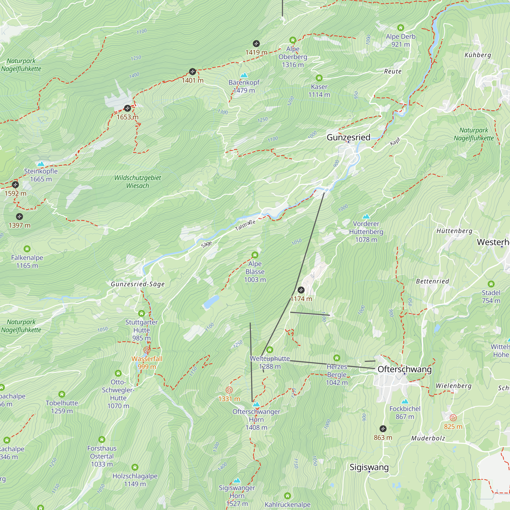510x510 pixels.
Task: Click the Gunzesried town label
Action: (x=348, y=137)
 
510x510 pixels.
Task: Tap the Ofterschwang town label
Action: (x=404, y=369)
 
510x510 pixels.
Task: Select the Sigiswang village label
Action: (x=369, y=467)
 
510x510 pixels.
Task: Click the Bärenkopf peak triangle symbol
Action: (x=244, y=75)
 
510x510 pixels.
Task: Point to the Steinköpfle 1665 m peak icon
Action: (x=41, y=164)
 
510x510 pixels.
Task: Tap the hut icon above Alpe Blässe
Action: (x=255, y=255)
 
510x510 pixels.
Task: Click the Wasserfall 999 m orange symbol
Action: (x=147, y=350)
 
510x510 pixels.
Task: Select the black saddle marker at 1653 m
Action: (x=127, y=108)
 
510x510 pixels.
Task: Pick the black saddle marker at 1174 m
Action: (x=301, y=290)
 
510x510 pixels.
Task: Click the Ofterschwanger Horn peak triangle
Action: (x=256, y=404)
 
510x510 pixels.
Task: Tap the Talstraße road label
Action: (x=245, y=225)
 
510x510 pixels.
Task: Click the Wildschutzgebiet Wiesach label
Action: (x=137, y=182)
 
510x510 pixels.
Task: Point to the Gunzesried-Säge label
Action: (x=137, y=284)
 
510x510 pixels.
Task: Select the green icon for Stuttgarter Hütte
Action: (x=142, y=313)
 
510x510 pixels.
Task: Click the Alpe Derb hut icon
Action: (x=400, y=28)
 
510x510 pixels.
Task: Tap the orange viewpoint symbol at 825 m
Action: (x=453, y=418)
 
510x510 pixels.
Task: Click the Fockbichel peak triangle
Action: (x=405, y=402)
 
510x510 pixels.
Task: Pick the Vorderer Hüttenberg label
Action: (x=366, y=232)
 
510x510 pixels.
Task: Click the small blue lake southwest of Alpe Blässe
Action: (x=211, y=301)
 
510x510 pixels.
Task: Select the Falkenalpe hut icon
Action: (x=27, y=249)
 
